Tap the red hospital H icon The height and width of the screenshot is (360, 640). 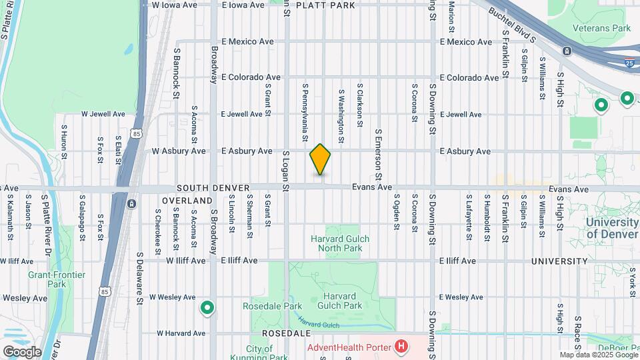401,346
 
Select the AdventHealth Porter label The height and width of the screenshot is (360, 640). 350,347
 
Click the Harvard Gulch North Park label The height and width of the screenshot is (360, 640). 340,243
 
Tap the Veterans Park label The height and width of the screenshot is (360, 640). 602,28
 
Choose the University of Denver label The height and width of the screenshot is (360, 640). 612,227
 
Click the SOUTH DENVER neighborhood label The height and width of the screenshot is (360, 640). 203,189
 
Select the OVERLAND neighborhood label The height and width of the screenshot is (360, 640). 187,200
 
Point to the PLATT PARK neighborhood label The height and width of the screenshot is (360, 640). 325,5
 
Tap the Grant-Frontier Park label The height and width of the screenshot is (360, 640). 47,279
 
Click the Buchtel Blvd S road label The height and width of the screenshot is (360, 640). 512,25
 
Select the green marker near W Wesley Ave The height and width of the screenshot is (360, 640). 207,307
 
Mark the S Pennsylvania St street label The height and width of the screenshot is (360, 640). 305,113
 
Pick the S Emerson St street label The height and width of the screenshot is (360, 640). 377,154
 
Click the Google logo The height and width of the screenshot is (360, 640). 21,351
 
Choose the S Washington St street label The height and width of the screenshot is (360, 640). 341,117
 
